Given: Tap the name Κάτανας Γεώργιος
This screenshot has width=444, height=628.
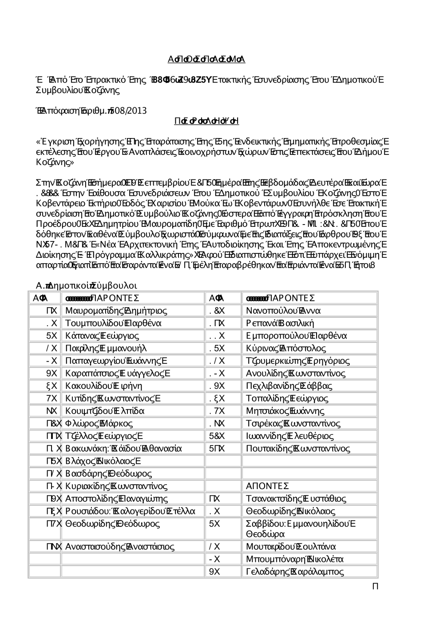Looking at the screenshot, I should point(102,336).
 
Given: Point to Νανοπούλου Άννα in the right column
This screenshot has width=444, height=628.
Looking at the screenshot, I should point(283,311).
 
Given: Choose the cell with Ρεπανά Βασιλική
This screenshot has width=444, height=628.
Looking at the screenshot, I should point(280,323).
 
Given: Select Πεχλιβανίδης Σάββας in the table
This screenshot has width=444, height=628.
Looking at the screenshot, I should point(289,386).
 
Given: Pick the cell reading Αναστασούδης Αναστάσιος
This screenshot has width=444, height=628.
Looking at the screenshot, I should point(120,547).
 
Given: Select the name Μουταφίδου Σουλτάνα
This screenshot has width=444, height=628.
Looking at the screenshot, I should point(291,547).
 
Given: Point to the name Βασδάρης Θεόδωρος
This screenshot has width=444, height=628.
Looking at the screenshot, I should point(108,474).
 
